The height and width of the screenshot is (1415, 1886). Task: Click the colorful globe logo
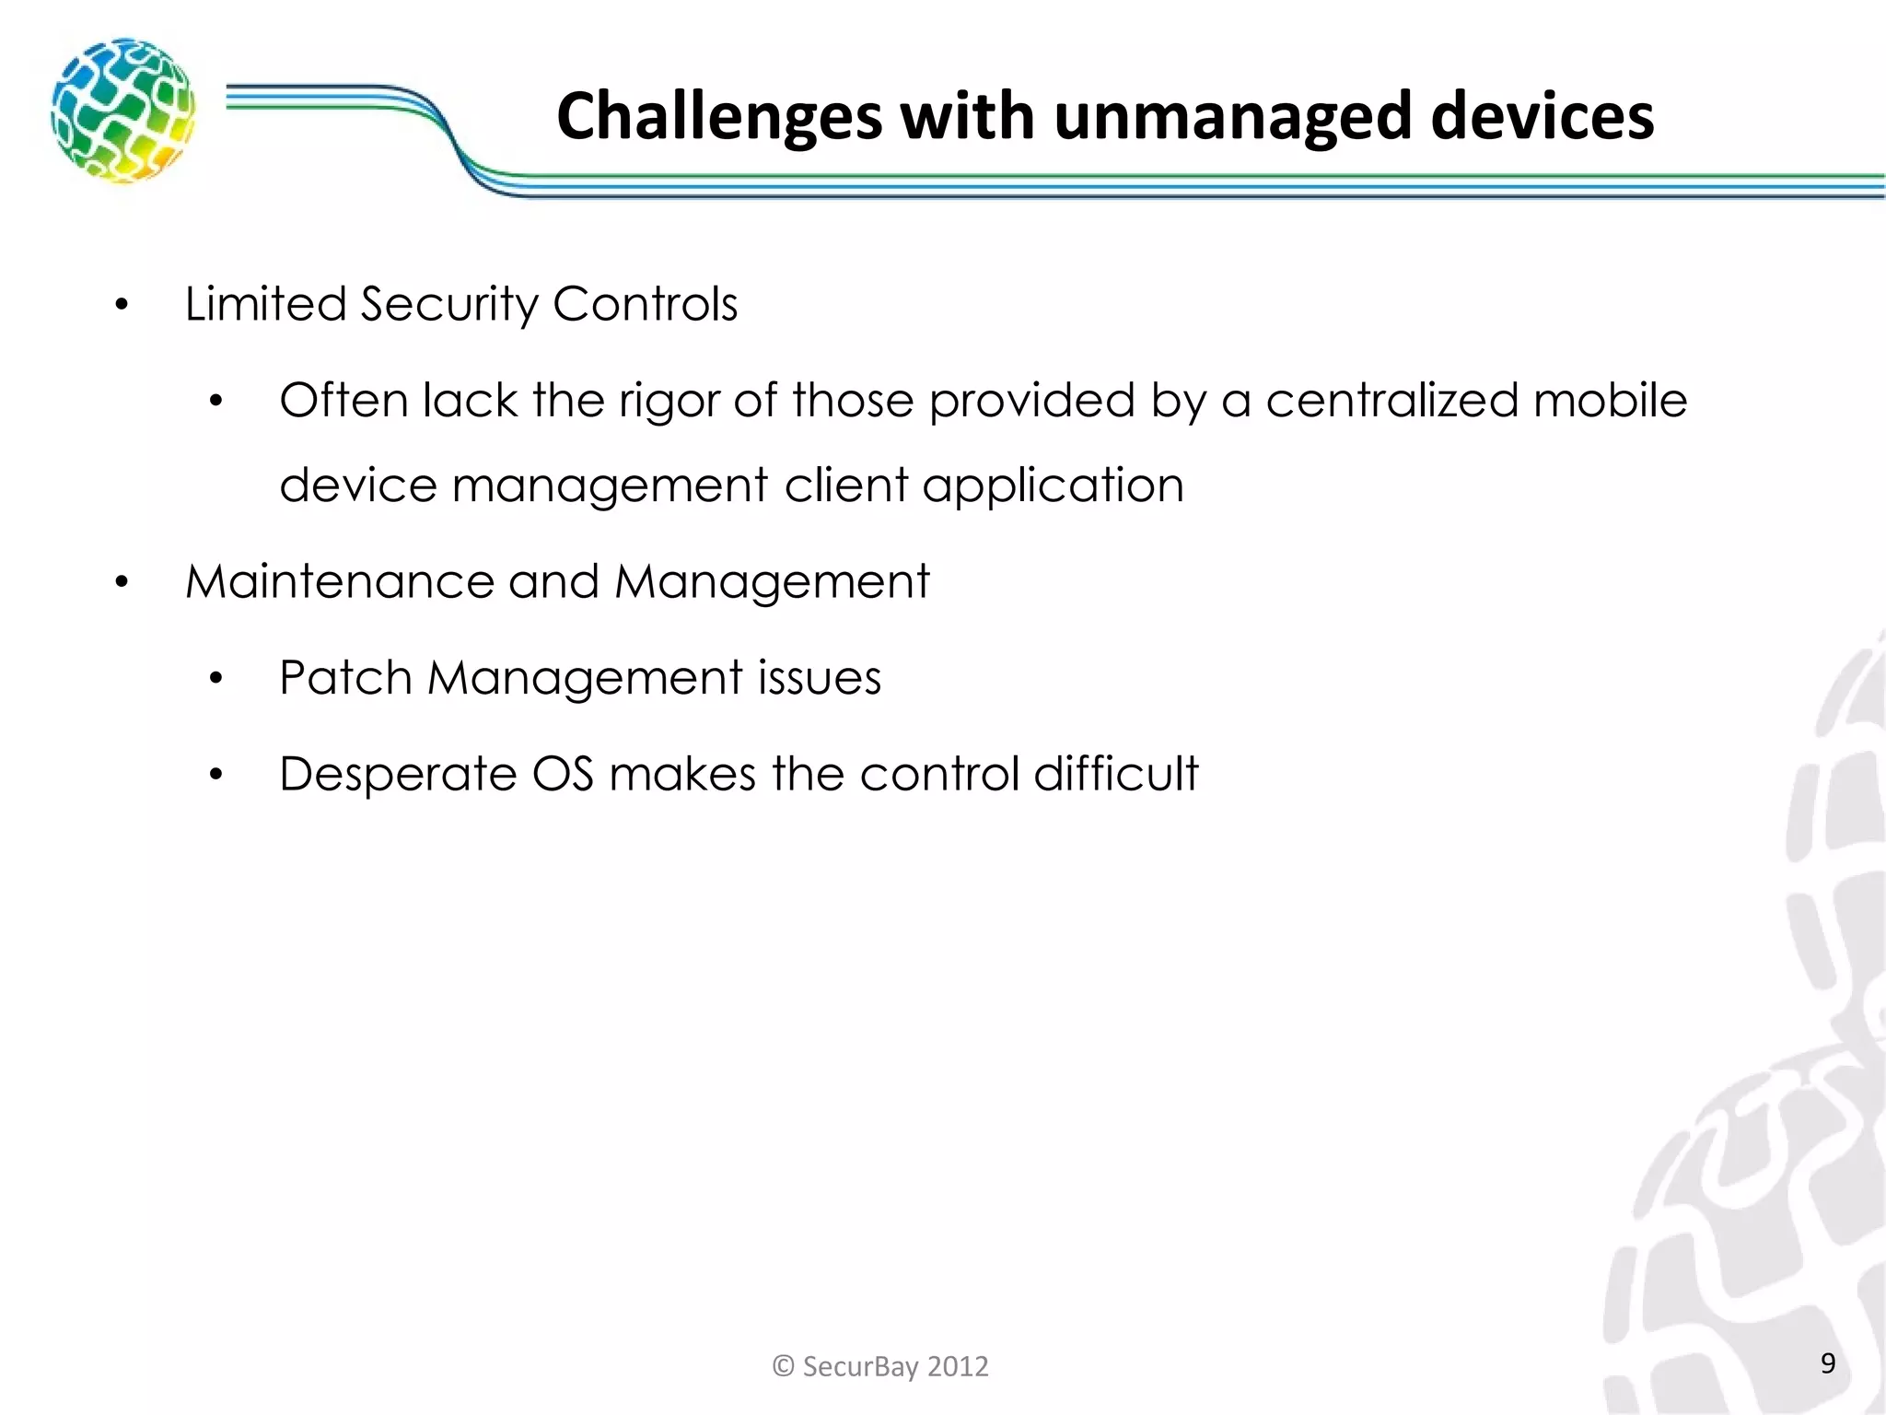[122, 110]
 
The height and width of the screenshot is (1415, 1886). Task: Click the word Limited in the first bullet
[265, 304]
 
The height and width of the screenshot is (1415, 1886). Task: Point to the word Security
[448, 304]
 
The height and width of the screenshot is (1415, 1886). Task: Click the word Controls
[645, 304]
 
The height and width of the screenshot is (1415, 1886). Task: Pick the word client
[845, 485]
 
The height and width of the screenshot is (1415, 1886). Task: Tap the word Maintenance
[340, 582]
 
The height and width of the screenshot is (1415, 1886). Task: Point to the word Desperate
[398, 775]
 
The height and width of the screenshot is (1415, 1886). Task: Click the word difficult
[1115, 774]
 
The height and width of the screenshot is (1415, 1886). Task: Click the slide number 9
[1828, 1363]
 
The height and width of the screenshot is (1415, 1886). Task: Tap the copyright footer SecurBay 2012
[880, 1366]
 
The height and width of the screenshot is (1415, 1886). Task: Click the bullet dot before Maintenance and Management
[122, 583]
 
